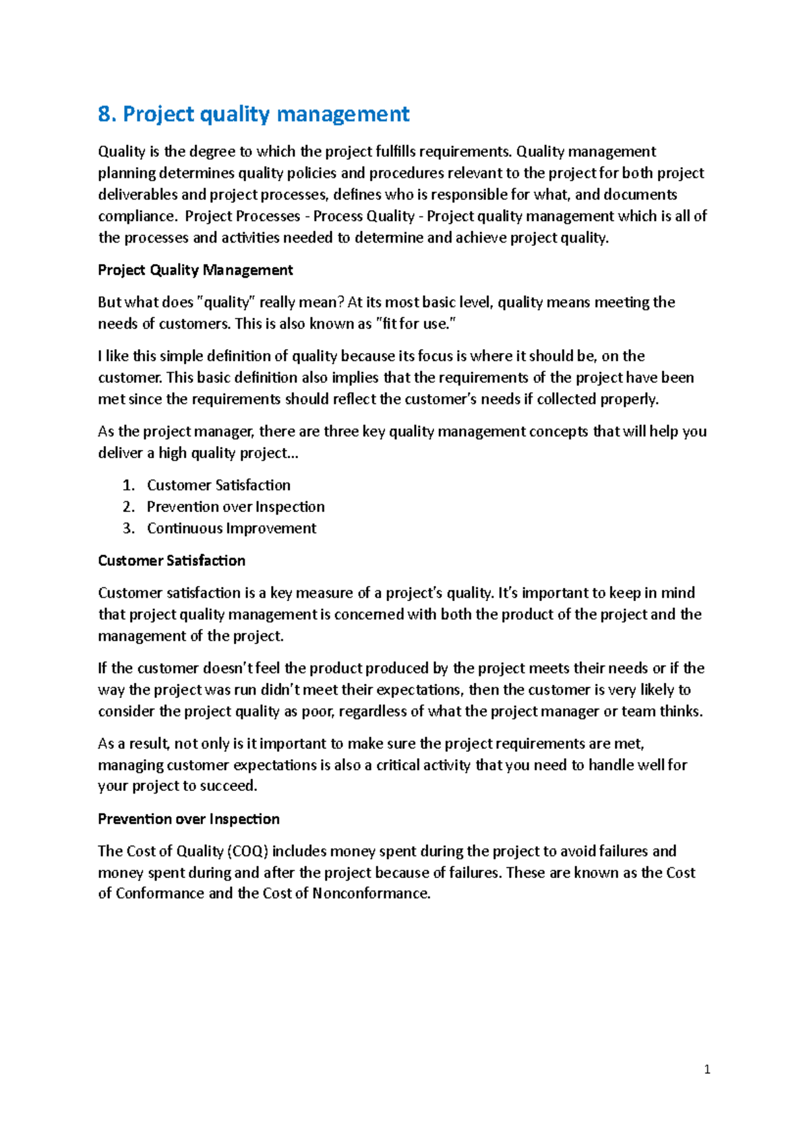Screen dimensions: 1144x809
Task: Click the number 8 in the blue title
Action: click(x=104, y=114)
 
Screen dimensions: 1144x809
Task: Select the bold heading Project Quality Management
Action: click(x=195, y=270)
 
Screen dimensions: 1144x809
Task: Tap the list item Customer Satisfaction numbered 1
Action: click(x=218, y=485)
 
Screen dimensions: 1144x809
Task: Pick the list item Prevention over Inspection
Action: click(x=235, y=507)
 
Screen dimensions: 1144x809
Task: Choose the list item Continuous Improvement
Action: click(x=231, y=528)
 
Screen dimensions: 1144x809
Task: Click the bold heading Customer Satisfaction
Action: click(x=171, y=561)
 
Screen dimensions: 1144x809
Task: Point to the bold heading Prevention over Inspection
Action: click(x=188, y=819)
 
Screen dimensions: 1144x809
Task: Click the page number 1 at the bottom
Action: click(x=707, y=1069)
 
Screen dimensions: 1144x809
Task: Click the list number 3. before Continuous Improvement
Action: click(x=129, y=528)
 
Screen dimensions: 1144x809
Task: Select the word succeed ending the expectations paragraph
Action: click(x=233, y=786)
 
